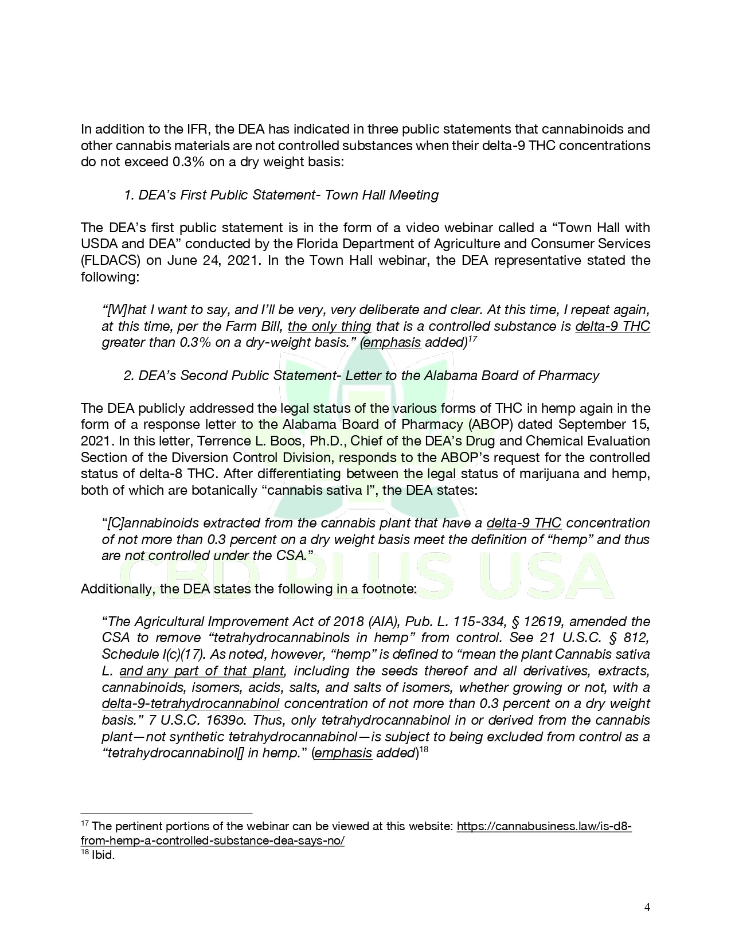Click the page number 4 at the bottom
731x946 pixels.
[647, 907]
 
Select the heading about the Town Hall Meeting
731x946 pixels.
[281, 195]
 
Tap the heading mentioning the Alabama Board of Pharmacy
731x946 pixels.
[361, 376]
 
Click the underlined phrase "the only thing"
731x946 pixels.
[329, 326]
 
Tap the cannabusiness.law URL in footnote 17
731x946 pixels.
[544, 827]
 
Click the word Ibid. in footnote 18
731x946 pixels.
[103, 857]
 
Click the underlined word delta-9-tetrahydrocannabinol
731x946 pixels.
[190, 703]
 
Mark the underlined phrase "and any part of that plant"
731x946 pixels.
[202, 671]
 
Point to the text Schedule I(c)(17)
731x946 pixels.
[146, 654]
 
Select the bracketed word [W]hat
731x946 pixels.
[126, 310]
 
